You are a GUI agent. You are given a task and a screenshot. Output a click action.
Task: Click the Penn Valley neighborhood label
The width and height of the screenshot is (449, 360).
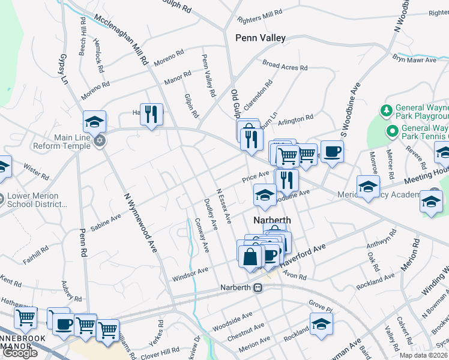[261, 38]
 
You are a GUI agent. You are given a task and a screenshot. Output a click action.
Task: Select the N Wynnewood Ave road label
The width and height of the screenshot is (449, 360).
[139, 222]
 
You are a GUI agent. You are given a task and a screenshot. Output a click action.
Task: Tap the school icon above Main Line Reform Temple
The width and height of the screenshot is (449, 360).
[94, 122]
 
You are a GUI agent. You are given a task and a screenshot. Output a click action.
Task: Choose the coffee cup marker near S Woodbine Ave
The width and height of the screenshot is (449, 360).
[332, 151]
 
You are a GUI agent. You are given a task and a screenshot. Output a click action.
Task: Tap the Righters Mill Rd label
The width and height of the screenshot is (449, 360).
[259, 13]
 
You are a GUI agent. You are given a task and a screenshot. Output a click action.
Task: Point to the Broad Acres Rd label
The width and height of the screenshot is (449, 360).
[285, 66]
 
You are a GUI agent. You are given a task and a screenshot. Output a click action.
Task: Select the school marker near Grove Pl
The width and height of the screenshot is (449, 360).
[321, 323]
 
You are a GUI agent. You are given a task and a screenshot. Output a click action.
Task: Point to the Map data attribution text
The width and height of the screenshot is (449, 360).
[423, 355]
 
